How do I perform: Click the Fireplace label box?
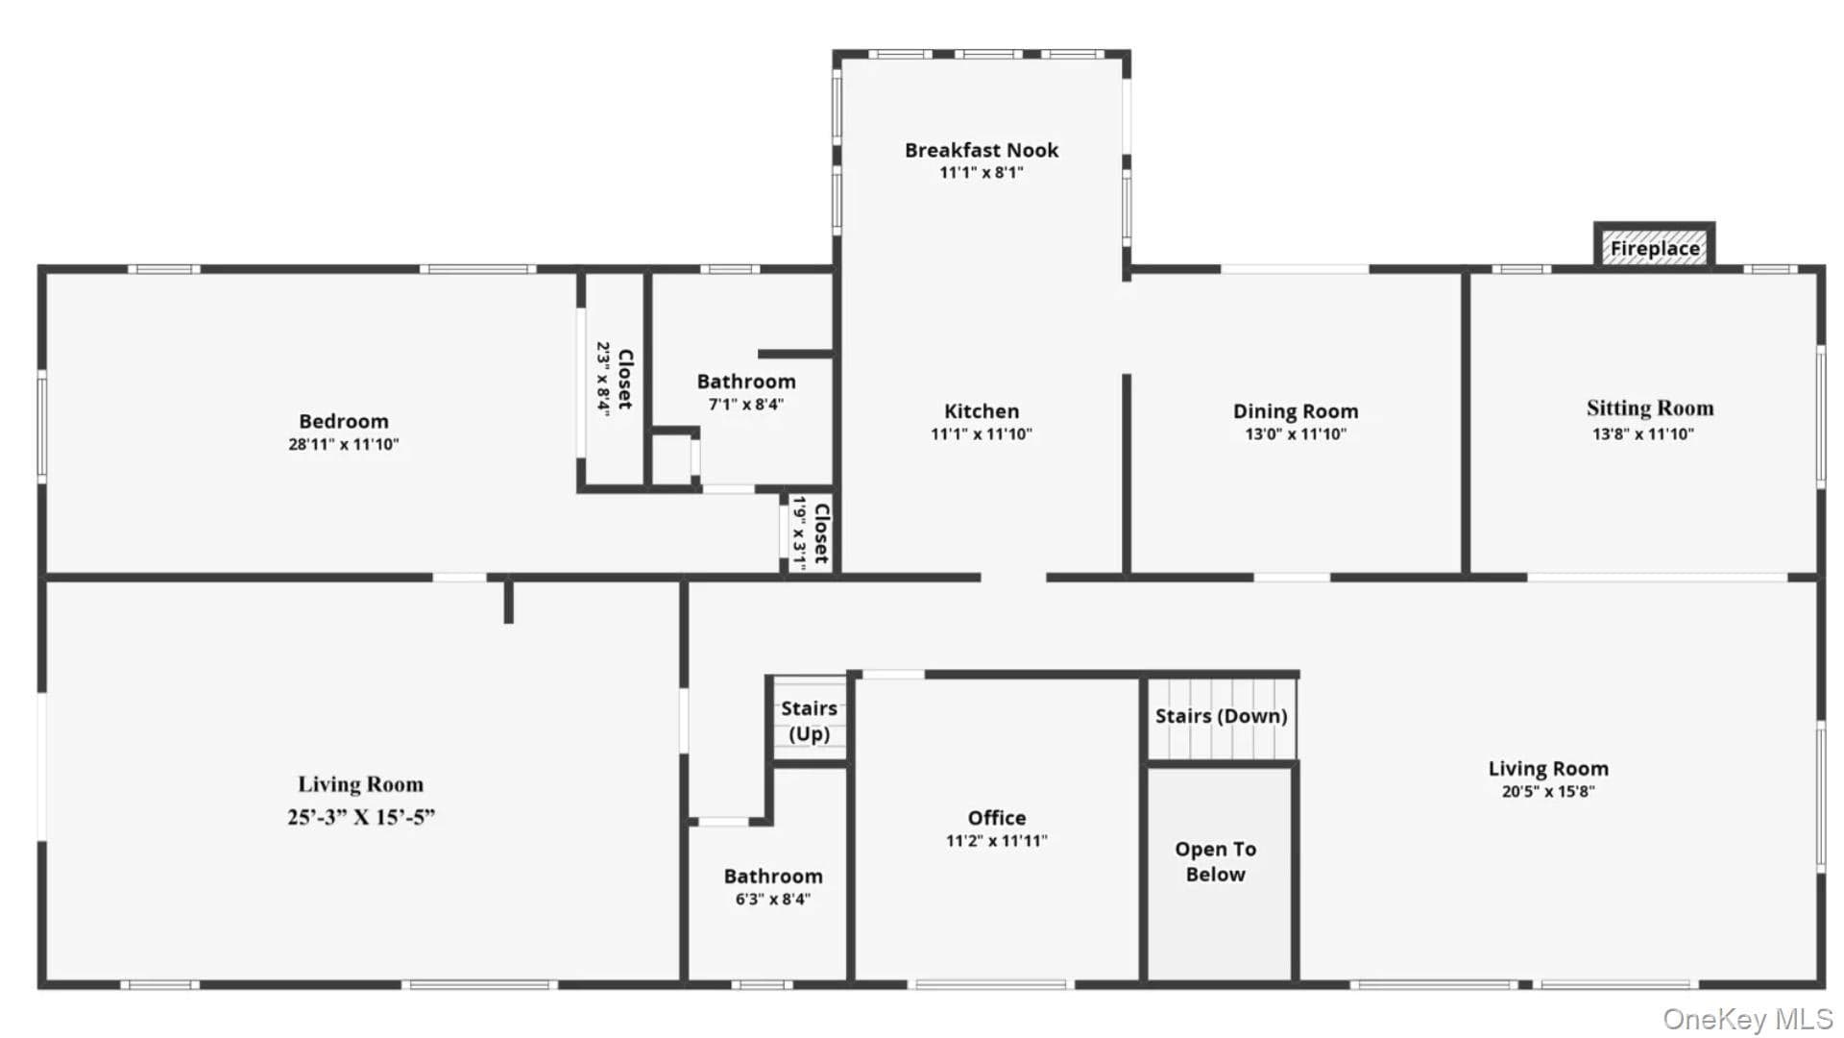[1654, 246]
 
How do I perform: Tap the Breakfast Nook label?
[982, 150]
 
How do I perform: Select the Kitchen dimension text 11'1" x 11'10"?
[982, 433]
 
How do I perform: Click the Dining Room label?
[1296, 411]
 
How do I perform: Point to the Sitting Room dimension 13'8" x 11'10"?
[1643, 433]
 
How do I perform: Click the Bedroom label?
[344, 421]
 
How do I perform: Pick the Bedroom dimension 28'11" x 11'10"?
[344, 444]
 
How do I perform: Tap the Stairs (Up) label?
[809, 721]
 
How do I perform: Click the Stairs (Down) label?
[1221, 716]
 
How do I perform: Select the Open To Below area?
[1219, 874]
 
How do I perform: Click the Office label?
[997, 818]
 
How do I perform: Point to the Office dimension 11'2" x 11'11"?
[997, 841]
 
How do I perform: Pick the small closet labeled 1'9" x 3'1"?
[811, 533]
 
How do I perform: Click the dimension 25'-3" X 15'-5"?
[361, 817]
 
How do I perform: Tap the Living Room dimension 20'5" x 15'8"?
[1548, 792]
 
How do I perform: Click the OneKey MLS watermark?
[1748, 1019]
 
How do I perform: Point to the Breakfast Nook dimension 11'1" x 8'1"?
[982, 173]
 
